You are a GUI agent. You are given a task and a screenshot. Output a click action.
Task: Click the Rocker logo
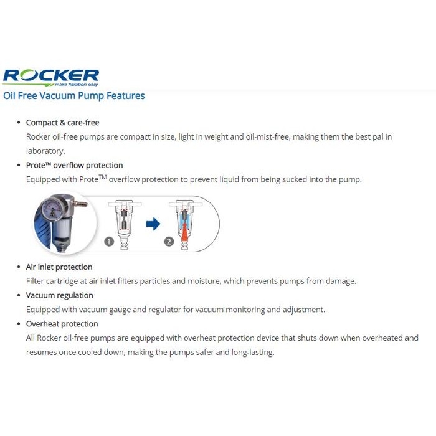[50, 77]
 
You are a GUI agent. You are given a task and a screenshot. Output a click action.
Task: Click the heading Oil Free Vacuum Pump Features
[74, 96]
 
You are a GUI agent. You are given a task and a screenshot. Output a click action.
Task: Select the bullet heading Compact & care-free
[62, 123]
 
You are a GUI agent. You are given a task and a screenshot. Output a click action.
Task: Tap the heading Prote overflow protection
[74, 165]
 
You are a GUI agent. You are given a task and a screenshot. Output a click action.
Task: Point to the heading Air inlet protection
[59, 267]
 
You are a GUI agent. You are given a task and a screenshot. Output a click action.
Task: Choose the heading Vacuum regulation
[59, 295]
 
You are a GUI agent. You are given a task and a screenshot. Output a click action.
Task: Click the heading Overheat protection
[62, 324]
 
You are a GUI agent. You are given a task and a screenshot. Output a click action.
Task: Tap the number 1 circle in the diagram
[110, 242]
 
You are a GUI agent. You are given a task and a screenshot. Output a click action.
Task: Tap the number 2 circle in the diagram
[169, 242]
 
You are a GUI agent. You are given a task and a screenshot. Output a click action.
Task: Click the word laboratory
[45, 151]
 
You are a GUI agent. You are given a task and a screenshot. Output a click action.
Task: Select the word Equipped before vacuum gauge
[44, 310]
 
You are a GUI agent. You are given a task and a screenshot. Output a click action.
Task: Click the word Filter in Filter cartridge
[36, 281]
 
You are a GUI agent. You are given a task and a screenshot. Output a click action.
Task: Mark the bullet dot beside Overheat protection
[19, 324]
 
